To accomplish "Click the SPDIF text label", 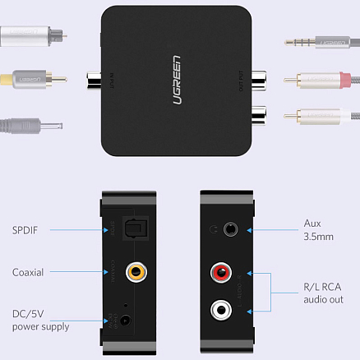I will point(29,228).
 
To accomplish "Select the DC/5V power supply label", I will point(40,320).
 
